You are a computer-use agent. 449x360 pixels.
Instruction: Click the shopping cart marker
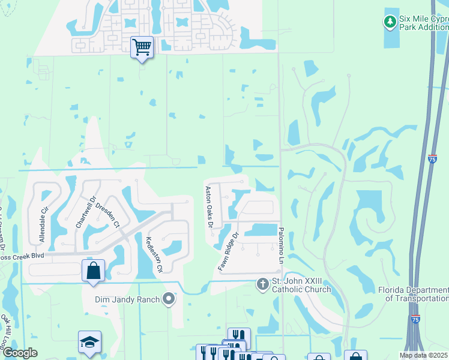pyautogui.click(x=142, y=47)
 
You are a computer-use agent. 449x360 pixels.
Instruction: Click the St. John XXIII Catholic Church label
pyautogui.click(x=301, y=286)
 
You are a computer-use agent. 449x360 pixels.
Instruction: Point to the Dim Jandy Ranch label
pyautogui.click(x=127, y=299)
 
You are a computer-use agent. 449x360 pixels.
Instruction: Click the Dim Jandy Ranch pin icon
pyautogui.click(x=169, y=299)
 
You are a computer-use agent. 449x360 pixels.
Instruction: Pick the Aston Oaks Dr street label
pyautogui.click(x=209, y=207)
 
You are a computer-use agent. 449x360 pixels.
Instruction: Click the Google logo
pyautogui.click(x=20, y=353)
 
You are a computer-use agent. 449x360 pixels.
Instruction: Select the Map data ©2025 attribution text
pyautogui.click(x=424, y=355)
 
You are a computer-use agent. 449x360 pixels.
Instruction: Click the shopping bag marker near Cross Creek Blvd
pyautogui.click(x=93, y=270)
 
